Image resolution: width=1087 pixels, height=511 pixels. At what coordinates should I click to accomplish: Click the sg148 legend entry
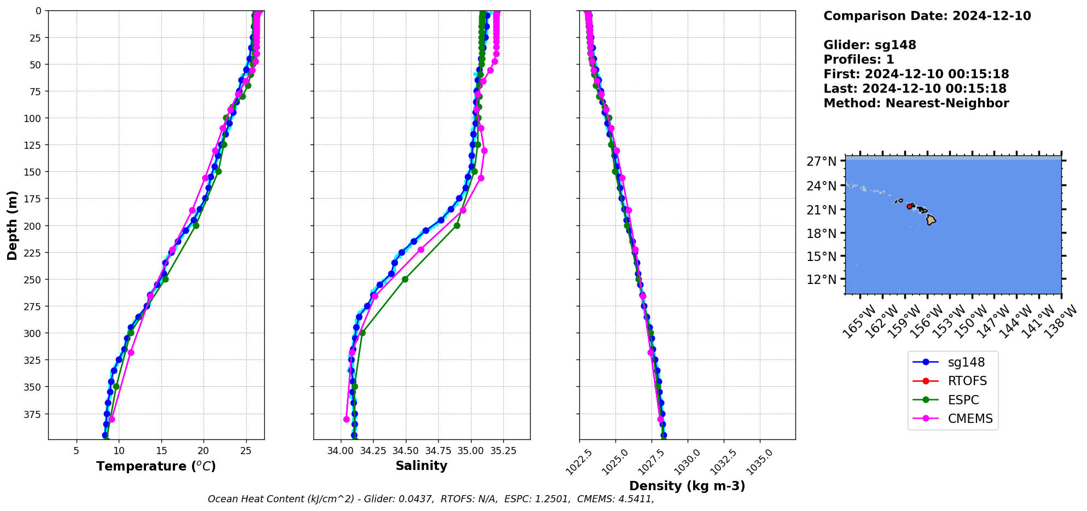[966, 362]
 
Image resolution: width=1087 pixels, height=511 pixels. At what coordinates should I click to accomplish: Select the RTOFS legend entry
[967, 381]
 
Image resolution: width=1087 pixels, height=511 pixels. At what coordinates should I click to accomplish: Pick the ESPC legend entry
[963, 400]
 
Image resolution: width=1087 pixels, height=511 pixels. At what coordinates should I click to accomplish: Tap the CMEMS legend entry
[970, 419]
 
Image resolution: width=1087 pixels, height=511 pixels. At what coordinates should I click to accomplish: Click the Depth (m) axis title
[12, 225]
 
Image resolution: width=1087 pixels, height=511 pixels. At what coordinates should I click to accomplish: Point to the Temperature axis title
[156, 466]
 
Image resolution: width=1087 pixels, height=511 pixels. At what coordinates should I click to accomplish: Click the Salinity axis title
[421, 466]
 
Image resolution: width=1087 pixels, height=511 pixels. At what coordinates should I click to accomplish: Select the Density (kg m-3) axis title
[687, 486]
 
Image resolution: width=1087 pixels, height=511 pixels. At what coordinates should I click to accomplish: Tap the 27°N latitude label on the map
[822, 161]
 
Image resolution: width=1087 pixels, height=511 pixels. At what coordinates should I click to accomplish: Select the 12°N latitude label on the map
[822, 280]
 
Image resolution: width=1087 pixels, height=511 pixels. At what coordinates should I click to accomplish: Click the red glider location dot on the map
[909, 206]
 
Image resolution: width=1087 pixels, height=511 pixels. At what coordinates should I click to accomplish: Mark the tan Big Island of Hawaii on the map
[931, 220]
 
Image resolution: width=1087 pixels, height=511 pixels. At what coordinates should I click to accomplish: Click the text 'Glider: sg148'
[869, 45]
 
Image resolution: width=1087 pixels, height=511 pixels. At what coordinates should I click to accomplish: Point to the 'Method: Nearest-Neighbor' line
[916, 103]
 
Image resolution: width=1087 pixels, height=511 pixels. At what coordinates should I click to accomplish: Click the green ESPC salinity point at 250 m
[405, 279]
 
